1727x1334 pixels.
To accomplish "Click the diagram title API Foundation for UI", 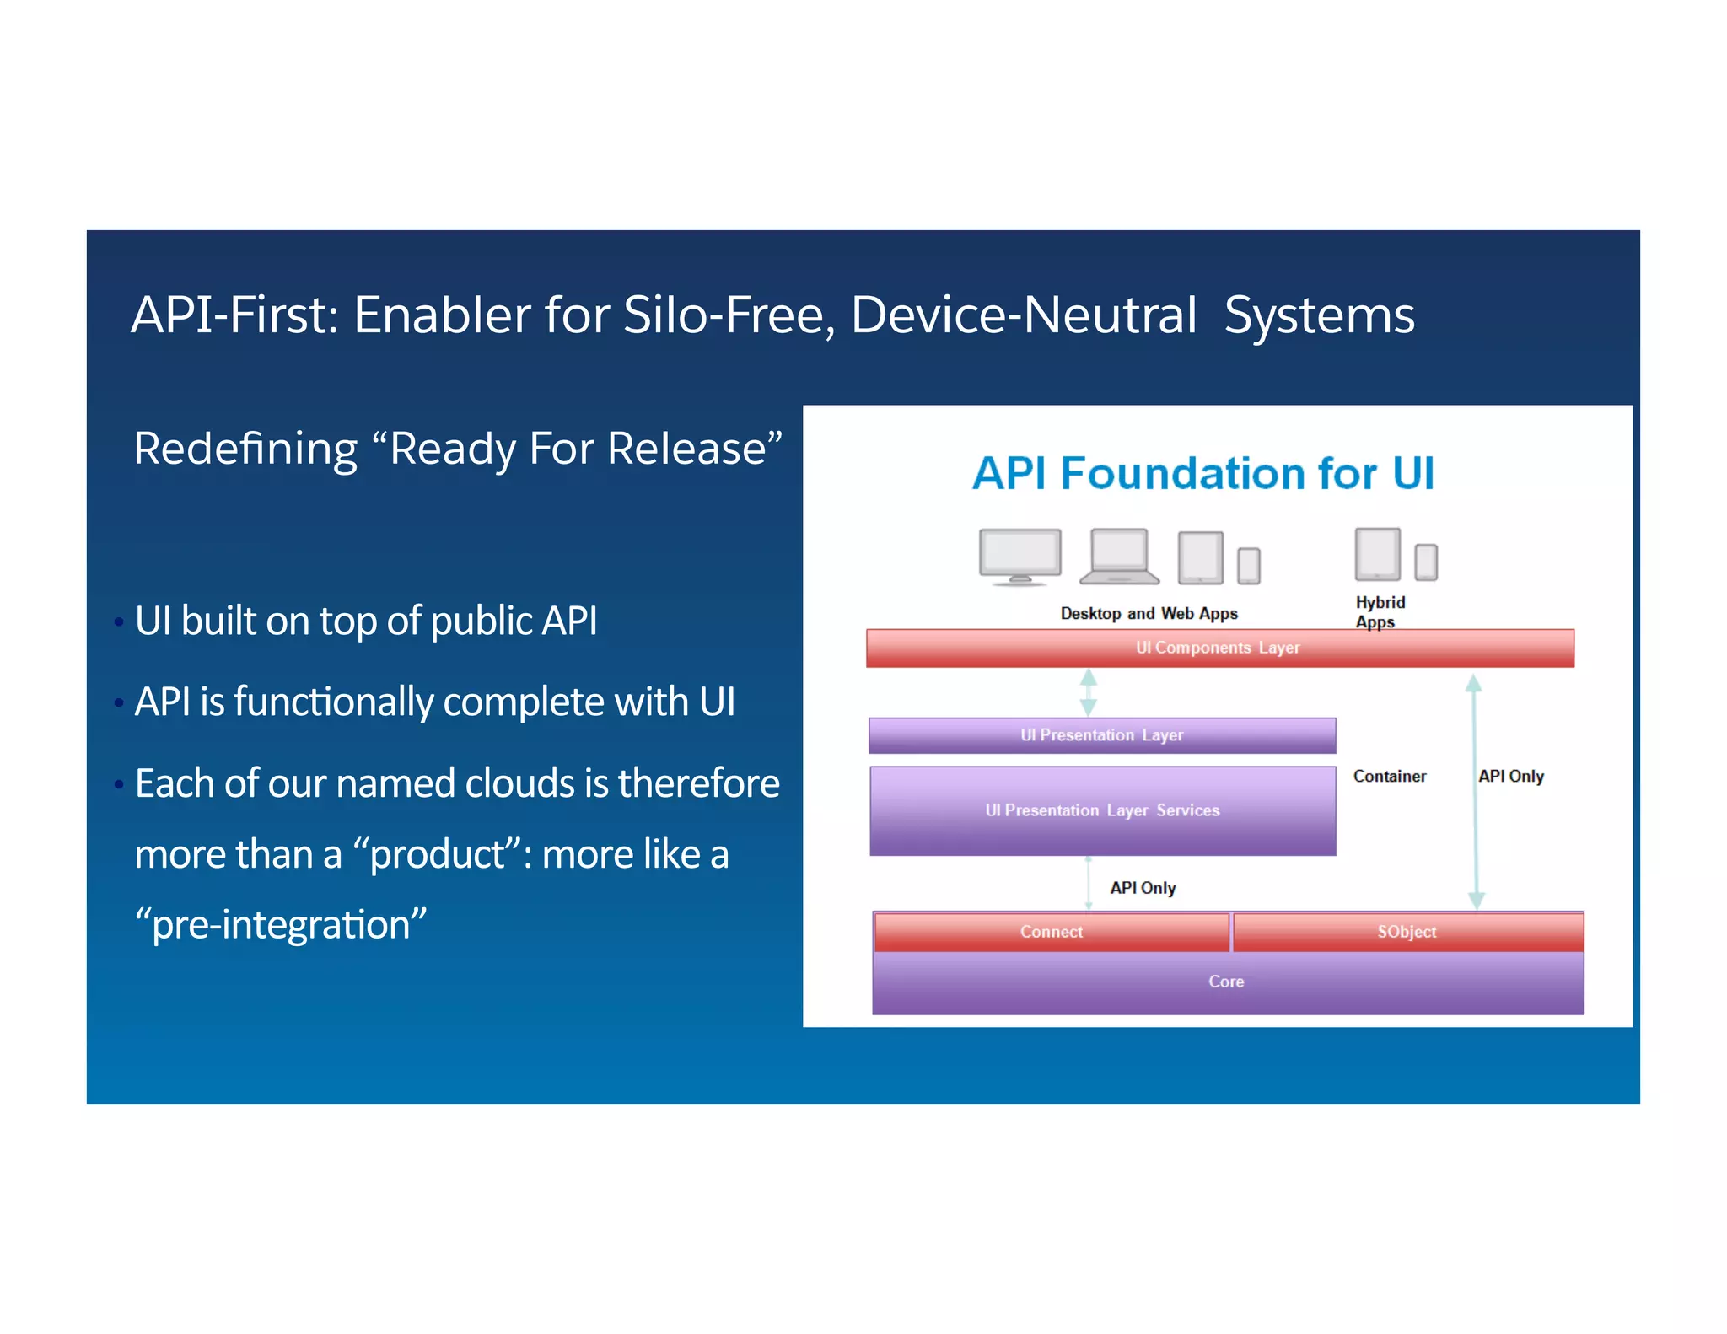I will click(x=1203, y=473).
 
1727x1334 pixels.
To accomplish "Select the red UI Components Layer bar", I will click(x=1219, y=648).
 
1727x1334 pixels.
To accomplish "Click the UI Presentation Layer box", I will click(x=1102, y=735).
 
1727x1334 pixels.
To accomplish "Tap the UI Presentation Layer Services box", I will click(x=1102, y=810).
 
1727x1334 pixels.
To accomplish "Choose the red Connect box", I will click(x=1052, y=932).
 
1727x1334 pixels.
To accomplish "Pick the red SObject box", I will click(x=1407, y=932).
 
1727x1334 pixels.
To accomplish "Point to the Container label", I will click(x=1390, y=776).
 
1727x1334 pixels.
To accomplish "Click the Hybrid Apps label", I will click(x=1380, y=612).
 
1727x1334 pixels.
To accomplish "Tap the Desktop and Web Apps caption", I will click(x=1149, y=614).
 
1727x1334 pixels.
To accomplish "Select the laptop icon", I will click(x=1119, y=557).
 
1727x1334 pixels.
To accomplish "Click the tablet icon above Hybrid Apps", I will click(x=1377, y=554).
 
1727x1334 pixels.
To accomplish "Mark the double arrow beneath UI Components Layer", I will click(x=1089, y=692).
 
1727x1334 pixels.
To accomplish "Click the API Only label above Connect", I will click(x=1143, y=888).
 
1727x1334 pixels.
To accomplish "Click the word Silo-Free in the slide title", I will click(x=729, y=315).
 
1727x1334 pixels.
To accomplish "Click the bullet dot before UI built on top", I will click(x=119, y=622).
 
